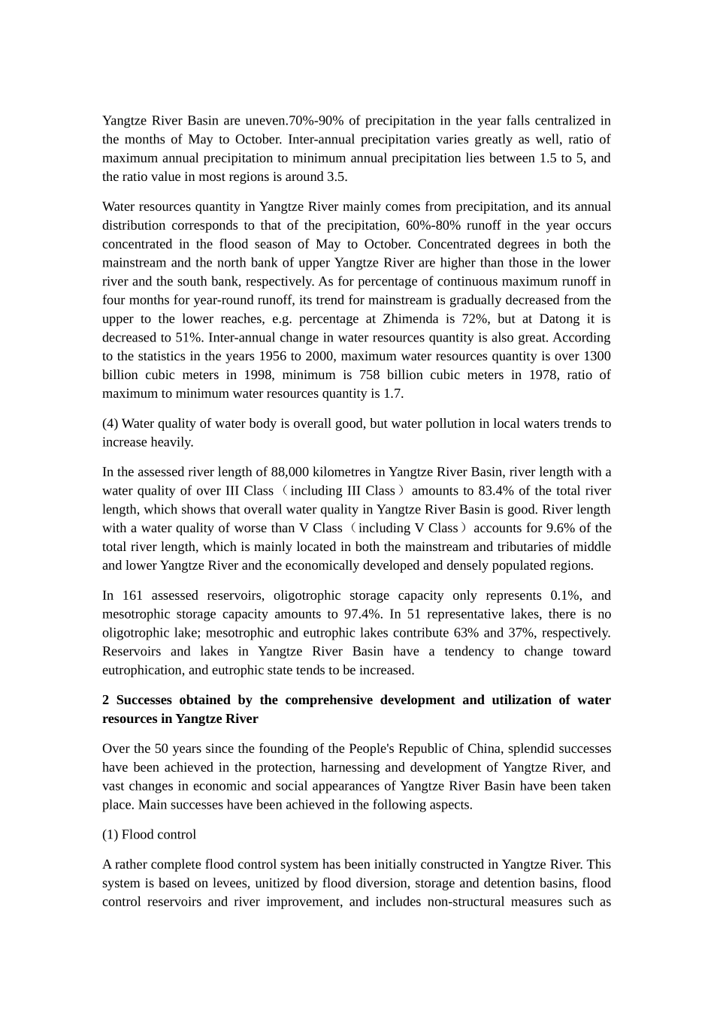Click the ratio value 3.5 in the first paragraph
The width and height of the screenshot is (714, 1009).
pyautogui.click(x=335, y=177)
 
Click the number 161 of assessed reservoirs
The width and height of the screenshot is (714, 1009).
pyautogui.click(x=132, y=596)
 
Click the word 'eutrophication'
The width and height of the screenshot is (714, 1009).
pyautogui.click(x=143, y=670)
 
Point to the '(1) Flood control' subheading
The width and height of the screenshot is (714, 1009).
pyautogui.click(x=149, y=835)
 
